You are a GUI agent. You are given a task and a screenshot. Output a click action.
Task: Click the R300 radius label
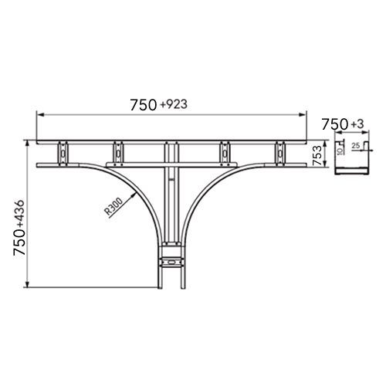[113, 206]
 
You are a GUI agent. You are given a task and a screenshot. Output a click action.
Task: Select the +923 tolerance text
[174, 104]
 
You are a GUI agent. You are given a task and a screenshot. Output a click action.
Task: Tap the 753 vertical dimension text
[317, 155]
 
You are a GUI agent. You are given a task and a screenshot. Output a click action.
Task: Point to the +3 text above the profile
[357, 124]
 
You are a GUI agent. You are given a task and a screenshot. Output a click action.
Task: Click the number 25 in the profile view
[356, 146]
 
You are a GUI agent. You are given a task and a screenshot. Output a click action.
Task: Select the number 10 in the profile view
[340, 151]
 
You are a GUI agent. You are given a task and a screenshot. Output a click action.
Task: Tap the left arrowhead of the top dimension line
[40, 115]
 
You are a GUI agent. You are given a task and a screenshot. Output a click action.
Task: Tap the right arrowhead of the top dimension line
[303, 115]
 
